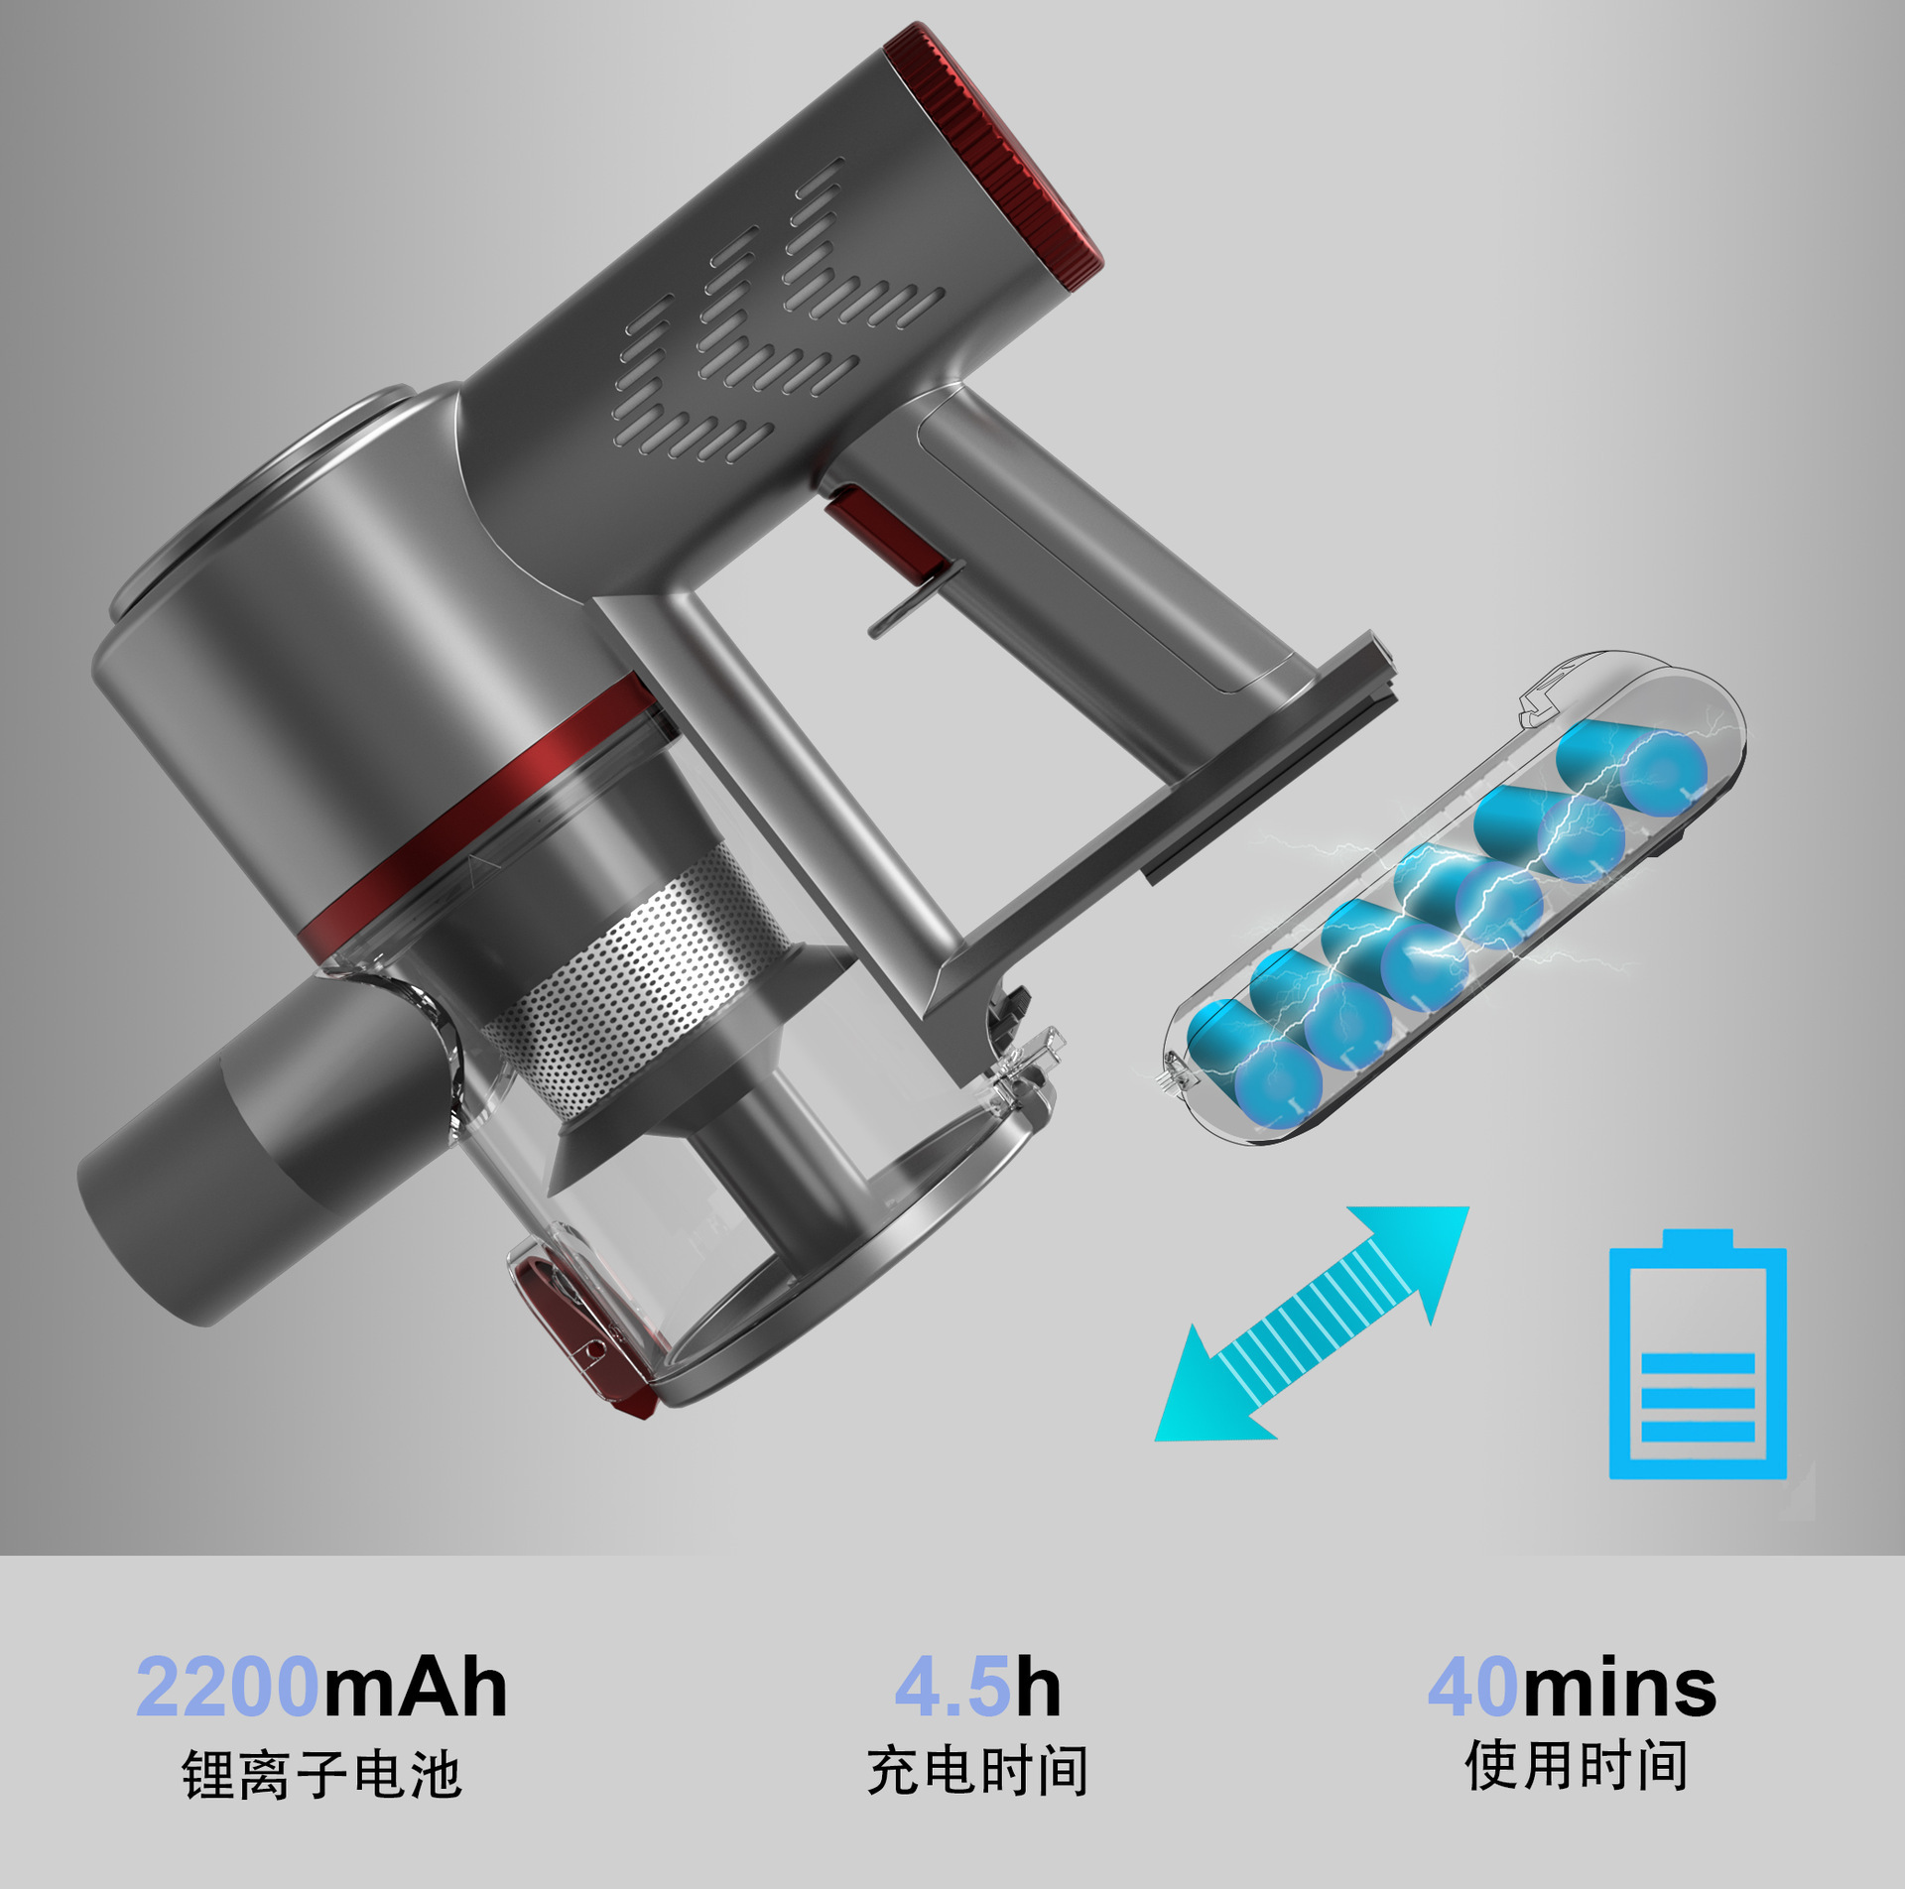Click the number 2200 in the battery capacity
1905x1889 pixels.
[226, 1688]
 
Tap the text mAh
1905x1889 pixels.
[415, 1688]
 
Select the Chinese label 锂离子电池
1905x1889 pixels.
[320, 1775]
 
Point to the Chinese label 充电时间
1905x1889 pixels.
[977, 1771]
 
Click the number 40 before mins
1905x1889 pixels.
[1472, 1688]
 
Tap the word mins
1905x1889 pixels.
[1619, 1688]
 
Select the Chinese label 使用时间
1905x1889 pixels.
[1576, 1765]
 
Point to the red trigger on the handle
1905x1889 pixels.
[873, 526]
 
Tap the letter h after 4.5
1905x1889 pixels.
[1038, 1688]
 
